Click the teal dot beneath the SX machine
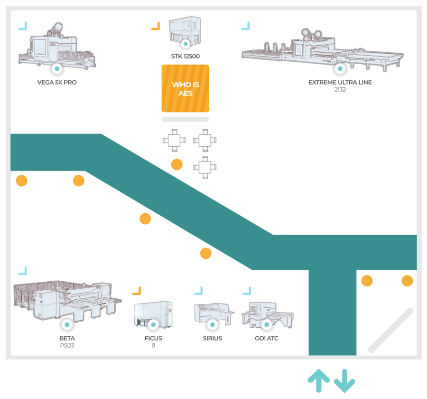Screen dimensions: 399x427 [57, 69]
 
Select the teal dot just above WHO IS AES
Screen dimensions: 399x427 [186, 44]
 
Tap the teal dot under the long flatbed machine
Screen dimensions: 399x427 [339, 69]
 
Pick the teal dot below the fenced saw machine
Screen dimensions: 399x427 [67, 325]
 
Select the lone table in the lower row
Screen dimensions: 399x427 [205, 167]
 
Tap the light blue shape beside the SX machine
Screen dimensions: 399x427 [26, 27]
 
